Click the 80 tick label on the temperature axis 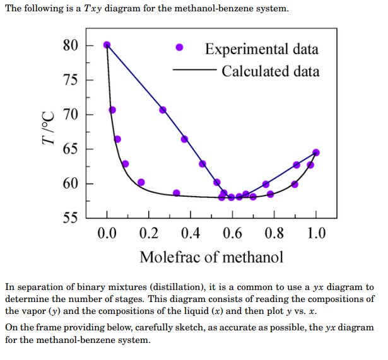pyautogui.click(x=70, y=45)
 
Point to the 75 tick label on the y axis pyautogui.click(x=70, y=80)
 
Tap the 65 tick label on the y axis pyautogui.click(x=70, y=149)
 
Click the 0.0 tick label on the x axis pyautogui.click(x=107, y=235)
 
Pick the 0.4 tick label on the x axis pyautogui.click(x=191, y=235)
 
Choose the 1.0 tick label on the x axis pyautogui.click(x=316, y=235)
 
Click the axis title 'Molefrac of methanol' pyautogui.click(x=211, y=257)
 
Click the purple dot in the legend pyautogui.click(x=180, y=48)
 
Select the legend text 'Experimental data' pyautogui.click(x=262, y=49)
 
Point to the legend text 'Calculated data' pyautogui.click(x=271, y=71)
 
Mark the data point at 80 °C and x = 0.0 pyautogui.click(x=107, y=45)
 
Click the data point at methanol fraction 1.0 pyautogui.click(x=316, y=153)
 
